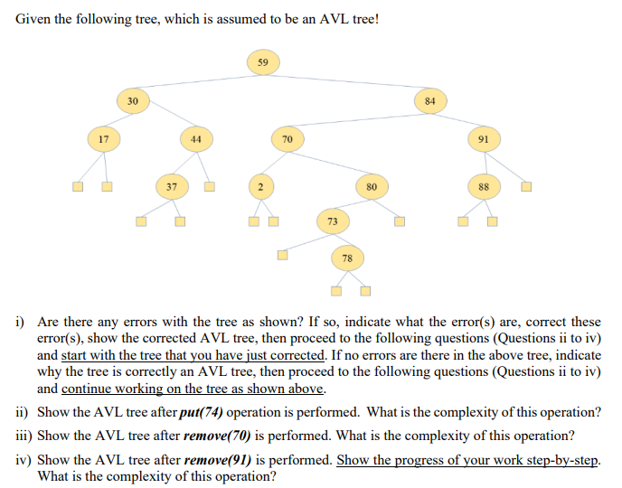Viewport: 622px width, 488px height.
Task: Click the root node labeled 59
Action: point(262,63)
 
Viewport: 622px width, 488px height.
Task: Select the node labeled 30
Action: point(132,100)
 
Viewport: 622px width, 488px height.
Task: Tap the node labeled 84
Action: point(429,100)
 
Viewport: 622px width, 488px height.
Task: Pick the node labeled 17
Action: point(104,139)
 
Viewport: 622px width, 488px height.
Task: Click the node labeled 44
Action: point(196,139)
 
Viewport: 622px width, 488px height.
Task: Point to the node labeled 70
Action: point(287,139)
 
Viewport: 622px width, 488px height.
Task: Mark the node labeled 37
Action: point(170,186)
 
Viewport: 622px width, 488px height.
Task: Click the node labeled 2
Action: point(259,186)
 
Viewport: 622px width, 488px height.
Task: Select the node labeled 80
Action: point(371,186)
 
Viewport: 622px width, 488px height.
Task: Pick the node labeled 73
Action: point(332,221)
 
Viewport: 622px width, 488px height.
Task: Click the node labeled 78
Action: point(347,258)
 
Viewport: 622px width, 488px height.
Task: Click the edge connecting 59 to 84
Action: point(348,81)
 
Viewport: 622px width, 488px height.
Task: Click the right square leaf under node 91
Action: point(525,188)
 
